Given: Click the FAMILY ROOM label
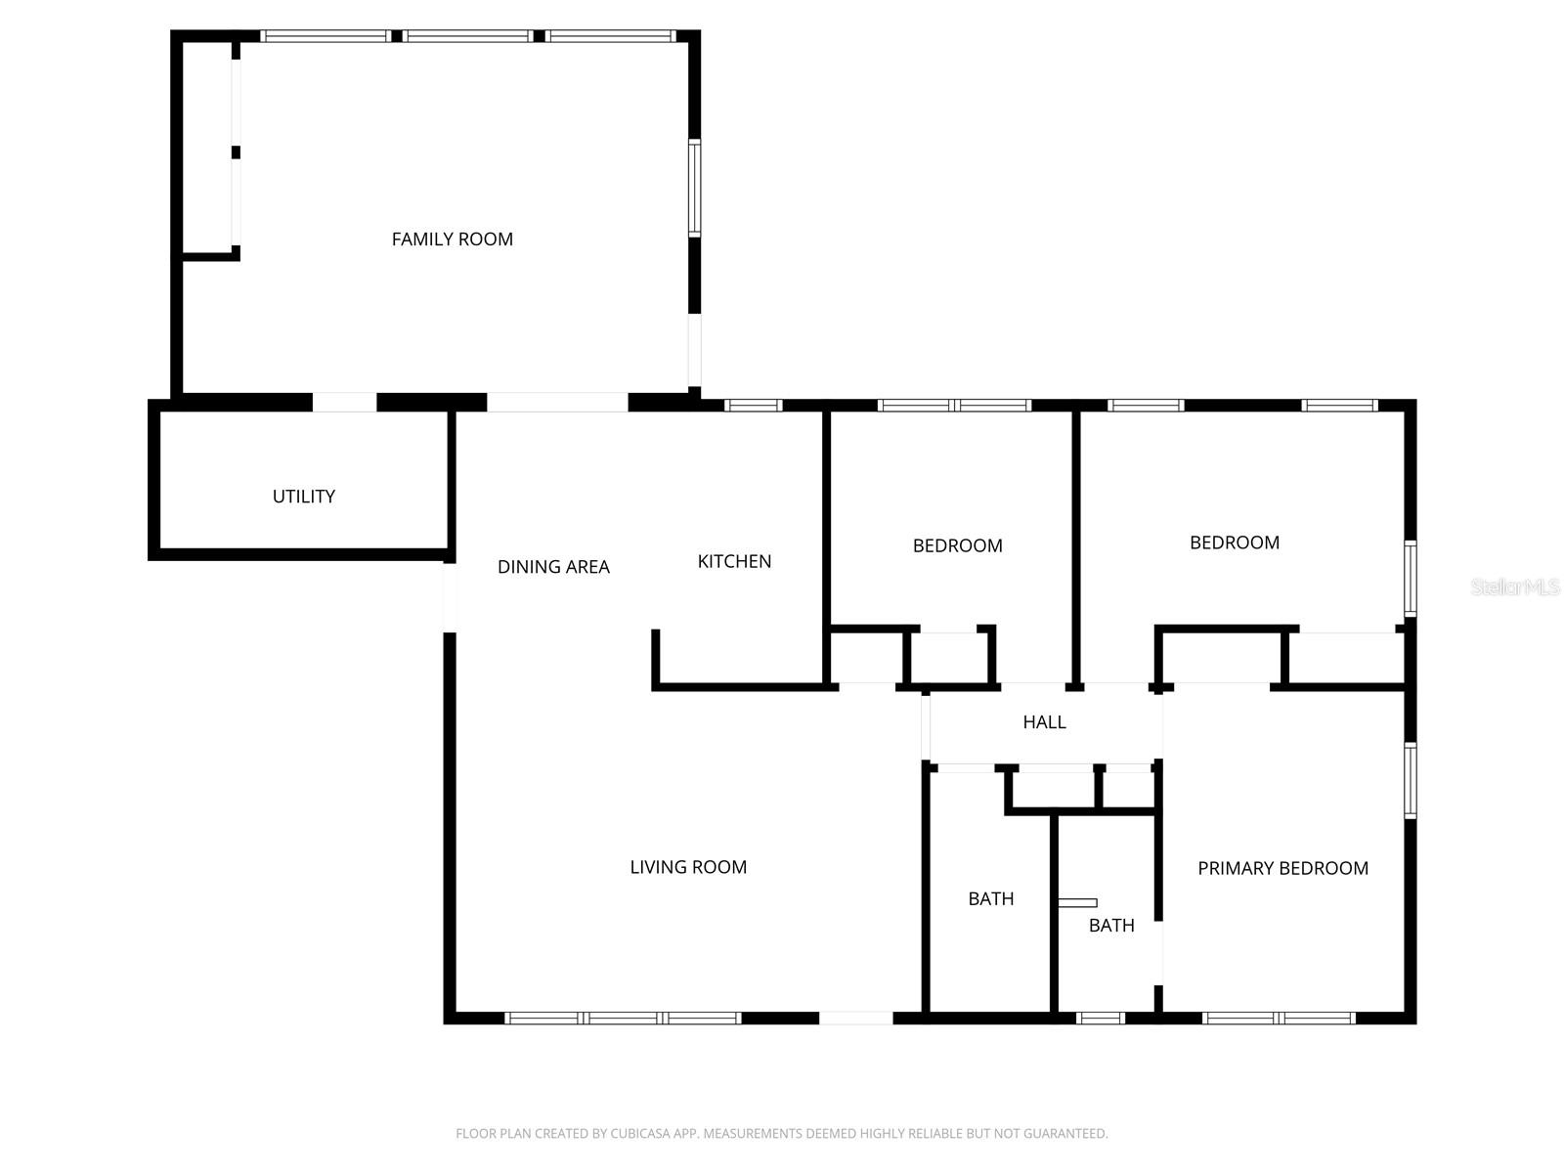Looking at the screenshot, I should [x=452, y=239].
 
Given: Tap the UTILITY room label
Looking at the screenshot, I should [x=303, y=497].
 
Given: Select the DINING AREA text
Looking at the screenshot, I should [x=553, y=567].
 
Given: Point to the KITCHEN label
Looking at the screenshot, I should [x=734, y=561].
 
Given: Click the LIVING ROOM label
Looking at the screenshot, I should [x=688, y=867].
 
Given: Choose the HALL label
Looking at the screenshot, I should [x=1044, y=722].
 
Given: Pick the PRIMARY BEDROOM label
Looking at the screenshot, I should [x=1282, y=868].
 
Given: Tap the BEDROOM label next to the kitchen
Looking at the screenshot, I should [x=957, y=545].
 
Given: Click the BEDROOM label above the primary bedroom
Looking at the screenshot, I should [x=1234, y=543].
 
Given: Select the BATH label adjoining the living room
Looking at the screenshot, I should [x=990, y=898].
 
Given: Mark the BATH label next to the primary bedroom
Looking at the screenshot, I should [x=1111, y=925].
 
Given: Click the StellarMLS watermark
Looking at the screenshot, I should [x=1514, y=587].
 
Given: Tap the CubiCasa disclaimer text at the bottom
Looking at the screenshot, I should [x=781, y=1134].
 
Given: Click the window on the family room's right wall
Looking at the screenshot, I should [x=694, y=188].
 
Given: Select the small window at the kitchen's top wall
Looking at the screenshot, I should [x=753, y=405].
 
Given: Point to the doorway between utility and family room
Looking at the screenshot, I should [x=344, y=402].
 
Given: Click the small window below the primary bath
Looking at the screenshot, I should [x=1100, y=1018].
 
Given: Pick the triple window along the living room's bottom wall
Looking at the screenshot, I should [x=623, y=1018].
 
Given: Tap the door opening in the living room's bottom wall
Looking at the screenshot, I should [x=855, y=1018].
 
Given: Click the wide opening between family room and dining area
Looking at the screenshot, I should [x=557, y=402].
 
